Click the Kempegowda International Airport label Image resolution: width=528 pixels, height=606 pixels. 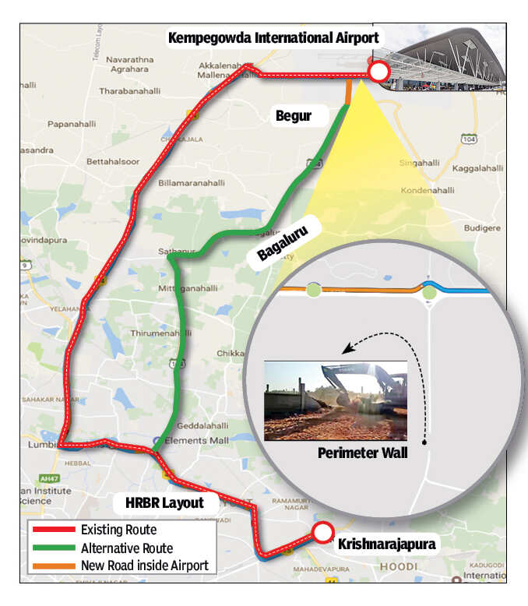pyautogui.click(x=273, y=37)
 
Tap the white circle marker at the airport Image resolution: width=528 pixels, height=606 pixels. pyautogui.click(x=378, y=73)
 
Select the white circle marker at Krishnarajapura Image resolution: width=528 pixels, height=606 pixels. pyautogui.click(x=322, y=532)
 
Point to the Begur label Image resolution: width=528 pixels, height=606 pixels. pyautogui.click(x=293, y=116)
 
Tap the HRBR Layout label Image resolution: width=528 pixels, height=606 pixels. pyautogui.click(x=159, y=502)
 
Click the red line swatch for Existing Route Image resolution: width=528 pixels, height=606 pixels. pyautogui.click(x=54, y=530)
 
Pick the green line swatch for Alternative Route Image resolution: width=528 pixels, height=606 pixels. pyautogui.click(x=54, y=548)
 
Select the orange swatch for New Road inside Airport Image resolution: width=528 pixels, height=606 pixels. pyautogui.click(x=54, y=565)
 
